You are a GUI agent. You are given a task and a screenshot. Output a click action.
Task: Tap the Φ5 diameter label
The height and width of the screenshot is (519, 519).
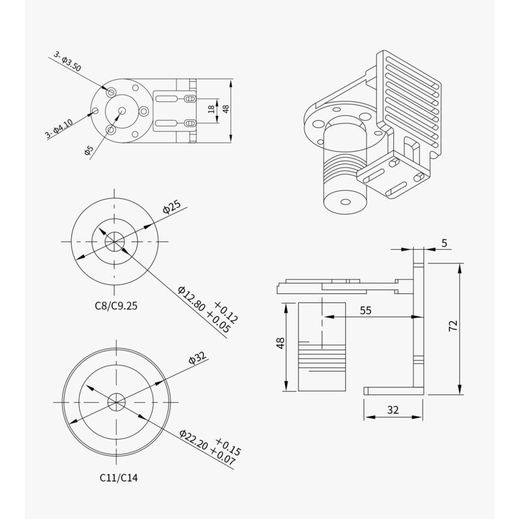click(89, 151)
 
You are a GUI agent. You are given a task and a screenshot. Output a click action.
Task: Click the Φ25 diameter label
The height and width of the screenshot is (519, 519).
click(171, 208)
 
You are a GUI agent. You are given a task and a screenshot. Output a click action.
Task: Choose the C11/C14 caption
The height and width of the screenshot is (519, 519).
click(118, 477)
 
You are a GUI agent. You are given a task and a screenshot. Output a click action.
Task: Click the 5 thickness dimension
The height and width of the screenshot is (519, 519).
click(444, 243)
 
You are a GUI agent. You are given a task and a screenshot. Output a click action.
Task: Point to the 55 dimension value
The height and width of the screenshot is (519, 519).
click(365, 311)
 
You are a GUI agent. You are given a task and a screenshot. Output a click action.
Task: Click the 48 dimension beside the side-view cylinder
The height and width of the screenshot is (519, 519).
click(280, 343)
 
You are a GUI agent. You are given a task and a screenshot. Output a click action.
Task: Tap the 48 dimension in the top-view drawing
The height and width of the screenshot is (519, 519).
click(226, 108)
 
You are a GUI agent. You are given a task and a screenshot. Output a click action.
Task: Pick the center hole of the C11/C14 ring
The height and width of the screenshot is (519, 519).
click(117, 401)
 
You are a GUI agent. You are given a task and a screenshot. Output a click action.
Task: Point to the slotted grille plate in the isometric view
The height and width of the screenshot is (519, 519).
click(409, 84)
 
